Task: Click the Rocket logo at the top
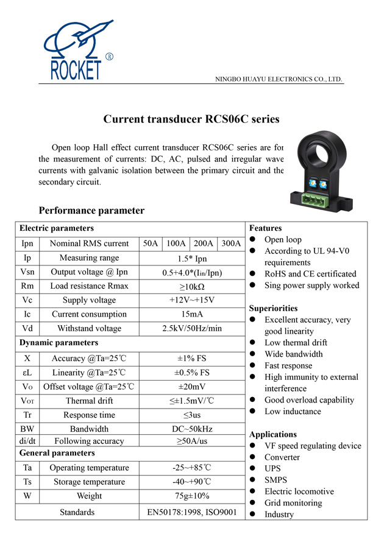pos(76,51)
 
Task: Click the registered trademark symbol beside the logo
pos(109,57)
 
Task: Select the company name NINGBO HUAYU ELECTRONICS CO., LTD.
pos(279,79)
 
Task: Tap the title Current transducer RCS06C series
pos(191,119)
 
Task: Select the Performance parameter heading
pos(91,211)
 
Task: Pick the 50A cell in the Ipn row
pos(151,244)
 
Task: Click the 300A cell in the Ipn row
pos(231,244)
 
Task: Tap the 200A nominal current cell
pos(204,244)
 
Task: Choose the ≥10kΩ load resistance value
pos(191,286)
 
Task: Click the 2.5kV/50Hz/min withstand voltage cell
pos(191,329)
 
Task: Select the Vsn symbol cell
pos(27,272)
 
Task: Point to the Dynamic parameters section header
pos(59,343)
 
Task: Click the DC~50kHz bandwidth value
pos(191,429)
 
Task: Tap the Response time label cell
pos(89,415)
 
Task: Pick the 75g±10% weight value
pos(191,496)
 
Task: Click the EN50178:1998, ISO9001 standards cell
pos(191,512)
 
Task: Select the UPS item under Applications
pos(273,469)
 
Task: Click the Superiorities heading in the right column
pos(273,308)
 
